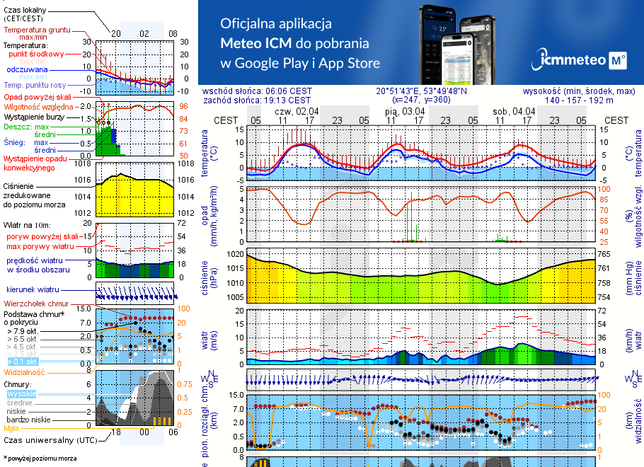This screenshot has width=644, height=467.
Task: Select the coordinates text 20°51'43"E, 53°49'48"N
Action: point(421,91)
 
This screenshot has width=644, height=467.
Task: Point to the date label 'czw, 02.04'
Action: point(297,111)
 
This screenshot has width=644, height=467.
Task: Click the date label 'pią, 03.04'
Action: point(405,111)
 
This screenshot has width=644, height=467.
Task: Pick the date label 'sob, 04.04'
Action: point(514,111)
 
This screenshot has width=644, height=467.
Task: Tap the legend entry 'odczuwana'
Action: point(27,70)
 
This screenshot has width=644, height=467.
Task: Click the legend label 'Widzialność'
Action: point(25,371)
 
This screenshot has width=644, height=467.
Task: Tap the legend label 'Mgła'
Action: point(11,428)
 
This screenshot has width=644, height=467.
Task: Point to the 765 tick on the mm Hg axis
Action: point(606,253)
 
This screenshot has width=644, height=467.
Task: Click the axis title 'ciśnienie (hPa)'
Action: point(209,276)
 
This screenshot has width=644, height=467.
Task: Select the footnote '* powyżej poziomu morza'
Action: point(40,459)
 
